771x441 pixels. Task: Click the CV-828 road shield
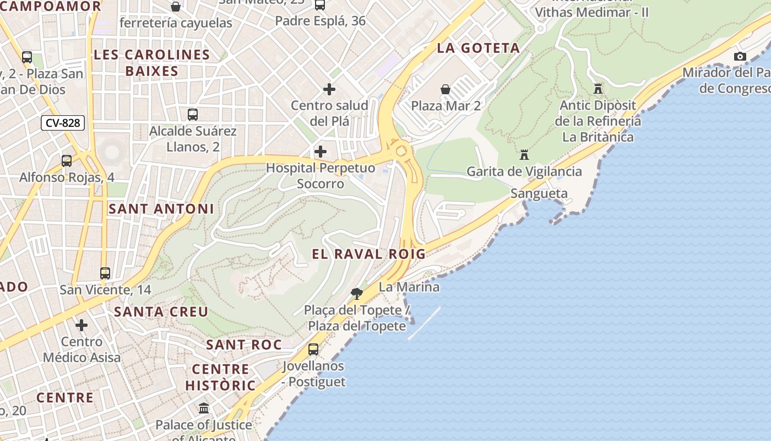tap(63, 123)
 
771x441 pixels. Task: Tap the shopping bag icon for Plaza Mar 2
tap(446, 89)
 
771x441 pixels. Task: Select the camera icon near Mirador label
tap(740, 56)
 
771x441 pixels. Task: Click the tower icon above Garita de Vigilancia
tap(524, 155)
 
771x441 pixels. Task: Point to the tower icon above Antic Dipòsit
tap(598, 88)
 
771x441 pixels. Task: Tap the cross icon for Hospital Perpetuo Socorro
tap(320, 152)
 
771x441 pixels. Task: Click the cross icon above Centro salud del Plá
tap(329, 89)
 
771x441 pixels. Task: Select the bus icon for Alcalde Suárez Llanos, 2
tap(193, 115)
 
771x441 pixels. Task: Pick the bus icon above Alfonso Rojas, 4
tap(67, 161)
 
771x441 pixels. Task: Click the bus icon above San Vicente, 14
tap(105, 273)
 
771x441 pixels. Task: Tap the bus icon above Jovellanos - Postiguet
tap(313, 349)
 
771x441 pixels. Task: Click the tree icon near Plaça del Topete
tap(357, 293)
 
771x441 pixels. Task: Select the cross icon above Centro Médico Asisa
tap(82, 325)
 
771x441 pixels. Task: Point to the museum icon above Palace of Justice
tap(204, 408)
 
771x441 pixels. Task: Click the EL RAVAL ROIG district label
tap(369, 254)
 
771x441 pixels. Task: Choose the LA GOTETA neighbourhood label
tap(479, 48)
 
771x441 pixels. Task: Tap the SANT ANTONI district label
tap(161, 209)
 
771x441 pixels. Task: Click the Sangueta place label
tap(539, 193)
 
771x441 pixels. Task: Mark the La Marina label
tap(409, 287)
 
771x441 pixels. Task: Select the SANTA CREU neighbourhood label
tap(161, 311)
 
